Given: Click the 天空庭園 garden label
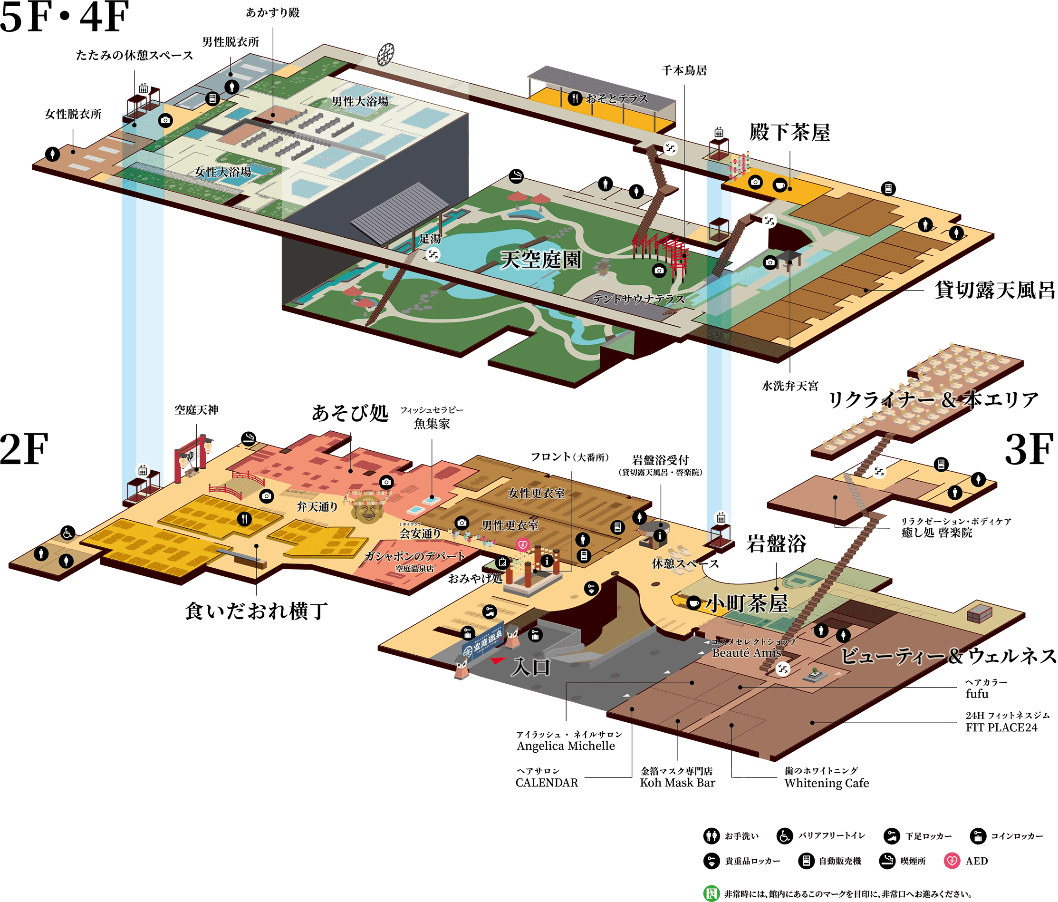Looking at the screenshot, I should [x=540, y=260].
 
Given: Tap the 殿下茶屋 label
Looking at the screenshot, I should [x=789, y=132].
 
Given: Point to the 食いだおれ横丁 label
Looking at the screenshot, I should [x=256, y=611].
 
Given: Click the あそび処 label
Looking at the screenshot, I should [x=350, y=413].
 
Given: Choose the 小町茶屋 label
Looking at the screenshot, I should [x=747, y=604].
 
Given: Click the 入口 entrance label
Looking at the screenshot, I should [x=531, y=667].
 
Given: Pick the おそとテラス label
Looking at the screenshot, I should [x=617, y=98].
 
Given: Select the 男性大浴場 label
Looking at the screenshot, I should [x=360, y=101].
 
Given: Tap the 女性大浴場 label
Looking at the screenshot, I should [x=222, y=172].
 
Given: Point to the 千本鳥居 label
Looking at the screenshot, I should [x=684, y=70].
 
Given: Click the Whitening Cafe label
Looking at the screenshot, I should [x=827, y=783].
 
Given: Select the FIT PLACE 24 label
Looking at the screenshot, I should [x=1002, y=727].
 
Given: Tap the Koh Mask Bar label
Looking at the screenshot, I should [x=677, y=783].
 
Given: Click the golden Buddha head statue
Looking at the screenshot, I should [x=366, y=508].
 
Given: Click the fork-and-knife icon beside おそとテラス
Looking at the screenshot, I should [x=575, y=98].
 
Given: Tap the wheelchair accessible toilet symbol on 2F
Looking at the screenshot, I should [x=67, y=533].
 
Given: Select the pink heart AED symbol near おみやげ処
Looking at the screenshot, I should [x=522, y=544].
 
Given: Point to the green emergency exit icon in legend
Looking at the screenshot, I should [x=711, y=893].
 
